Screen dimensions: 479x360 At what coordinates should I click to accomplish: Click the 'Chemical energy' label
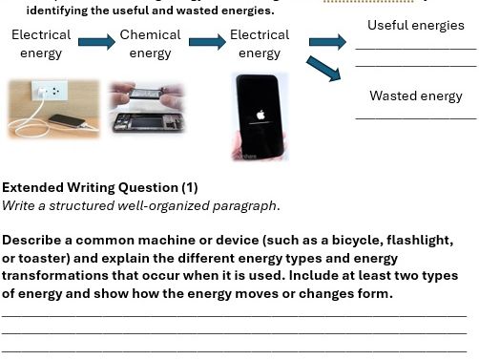[150, 44]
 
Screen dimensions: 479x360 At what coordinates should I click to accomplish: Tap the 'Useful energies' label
[415, 26]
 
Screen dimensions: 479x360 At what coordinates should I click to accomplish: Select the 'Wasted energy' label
[415, 95]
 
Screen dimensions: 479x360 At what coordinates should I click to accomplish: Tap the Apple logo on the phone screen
[260, 113]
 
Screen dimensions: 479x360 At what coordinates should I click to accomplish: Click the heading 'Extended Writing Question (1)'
[100, 187]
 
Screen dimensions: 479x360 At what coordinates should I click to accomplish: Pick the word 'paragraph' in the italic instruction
[247, 204]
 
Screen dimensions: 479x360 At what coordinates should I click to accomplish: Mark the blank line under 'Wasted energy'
[415, 117]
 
